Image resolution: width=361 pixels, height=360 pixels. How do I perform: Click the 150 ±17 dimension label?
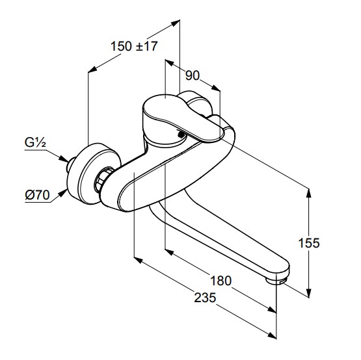tap(134, 46)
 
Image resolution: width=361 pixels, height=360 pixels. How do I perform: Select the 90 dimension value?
tap(193, 75)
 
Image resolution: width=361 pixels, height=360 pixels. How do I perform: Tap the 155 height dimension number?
tap(309, 243)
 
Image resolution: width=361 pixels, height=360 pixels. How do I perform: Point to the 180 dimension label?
tap(221, 281)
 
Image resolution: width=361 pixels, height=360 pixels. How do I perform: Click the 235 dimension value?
tap(205, 298)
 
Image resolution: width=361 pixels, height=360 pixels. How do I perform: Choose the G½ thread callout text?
tap(35, 142)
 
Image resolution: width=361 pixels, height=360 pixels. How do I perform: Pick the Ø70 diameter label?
tap(37, 196)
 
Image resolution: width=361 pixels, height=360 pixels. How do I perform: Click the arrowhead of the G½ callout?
tap(64, 159)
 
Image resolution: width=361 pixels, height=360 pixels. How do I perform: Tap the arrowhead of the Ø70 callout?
tap(62, 194)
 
